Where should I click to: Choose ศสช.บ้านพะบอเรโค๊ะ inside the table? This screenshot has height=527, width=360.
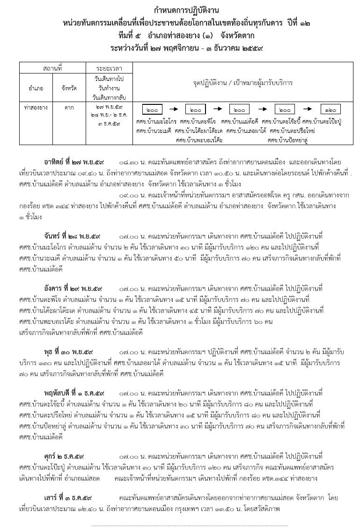pyautogui.click(x=199, y=139)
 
